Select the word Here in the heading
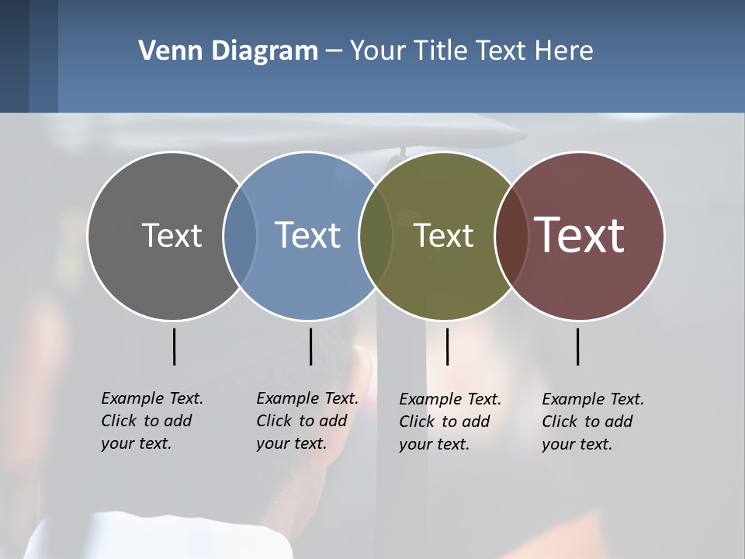click(x=565, y=51)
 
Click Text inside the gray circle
click(x=172, y=235)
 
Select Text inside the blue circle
click(x=307, y=235)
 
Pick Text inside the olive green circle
click(x=443, y=235)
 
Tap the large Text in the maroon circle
click(x=580, y=235)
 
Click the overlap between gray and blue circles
click(x=240, y=235)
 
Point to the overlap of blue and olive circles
click(x=376, y=235)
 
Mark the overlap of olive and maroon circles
click(x=511, y=235)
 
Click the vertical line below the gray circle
click(x=175, y=346)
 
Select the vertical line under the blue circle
click(x=310, y=346)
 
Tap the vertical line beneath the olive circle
click(x=447, y=346)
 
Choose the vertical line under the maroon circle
click(x=578, y=346)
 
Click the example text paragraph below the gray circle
click(x=151, y=421)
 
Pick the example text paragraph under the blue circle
click(x=307, y=421)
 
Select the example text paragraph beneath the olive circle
click(x=449, y=422)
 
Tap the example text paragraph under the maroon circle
click(x=592, y=422)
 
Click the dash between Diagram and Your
click(x=334, y=51)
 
